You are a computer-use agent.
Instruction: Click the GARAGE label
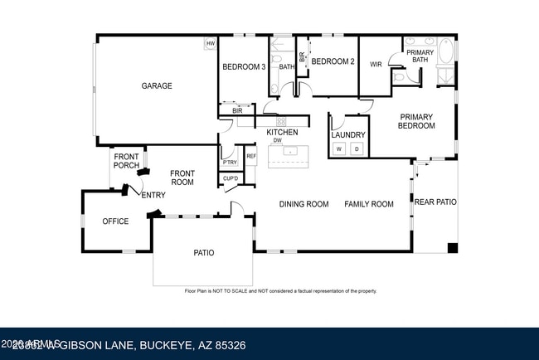point(156,85)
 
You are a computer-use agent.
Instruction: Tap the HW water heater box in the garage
point(211,43)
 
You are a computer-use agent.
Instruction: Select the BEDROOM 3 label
point(243,66)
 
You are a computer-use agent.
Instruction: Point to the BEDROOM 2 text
point(333,61)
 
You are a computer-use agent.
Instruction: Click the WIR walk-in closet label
point(376,64)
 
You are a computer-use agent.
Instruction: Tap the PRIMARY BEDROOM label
point(417,121)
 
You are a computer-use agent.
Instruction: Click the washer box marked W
point(338,148)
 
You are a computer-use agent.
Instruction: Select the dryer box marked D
point(357,148)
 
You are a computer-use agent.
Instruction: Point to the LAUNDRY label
point(347,134)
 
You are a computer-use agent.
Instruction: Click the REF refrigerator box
point(250,156)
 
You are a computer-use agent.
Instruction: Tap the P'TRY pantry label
point(230,163)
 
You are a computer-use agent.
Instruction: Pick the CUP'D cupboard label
point(231,178)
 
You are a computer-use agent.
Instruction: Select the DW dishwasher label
point(278,140)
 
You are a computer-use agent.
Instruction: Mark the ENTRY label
point(153,195)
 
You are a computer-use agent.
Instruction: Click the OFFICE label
point(115,221)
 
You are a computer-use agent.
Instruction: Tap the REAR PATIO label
point(435,202)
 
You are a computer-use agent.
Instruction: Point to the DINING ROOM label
point(303,204)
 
